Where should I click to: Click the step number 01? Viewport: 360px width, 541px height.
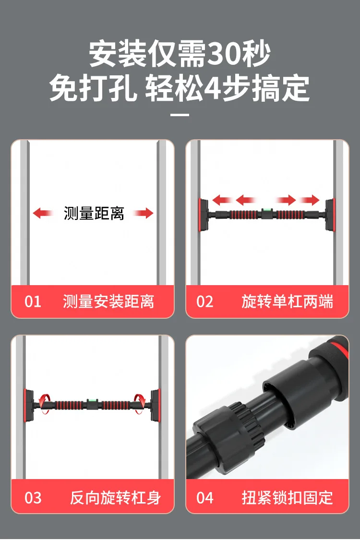[x=33, y=301]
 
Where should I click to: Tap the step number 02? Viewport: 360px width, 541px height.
[x=204, y=301]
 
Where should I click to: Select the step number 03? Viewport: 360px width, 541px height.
[x=33, y=497]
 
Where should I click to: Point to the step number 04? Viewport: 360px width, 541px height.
[x=204, y=497]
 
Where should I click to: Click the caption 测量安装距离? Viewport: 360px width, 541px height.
[x=108, y=301]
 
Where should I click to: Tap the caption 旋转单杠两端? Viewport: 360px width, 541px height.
[x=287, y=301]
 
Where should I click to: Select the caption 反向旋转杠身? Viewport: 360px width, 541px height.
[x=115, y=497]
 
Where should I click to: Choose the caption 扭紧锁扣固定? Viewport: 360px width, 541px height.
[x=287, y=497]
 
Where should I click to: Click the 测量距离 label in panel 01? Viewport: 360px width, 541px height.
[x=94, y=213]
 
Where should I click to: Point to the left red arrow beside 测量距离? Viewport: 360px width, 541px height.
[x=43, y=213]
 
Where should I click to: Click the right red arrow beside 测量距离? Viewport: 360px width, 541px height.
[x=144, y=213]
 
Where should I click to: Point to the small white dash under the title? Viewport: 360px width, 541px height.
[x=180, y=115]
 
